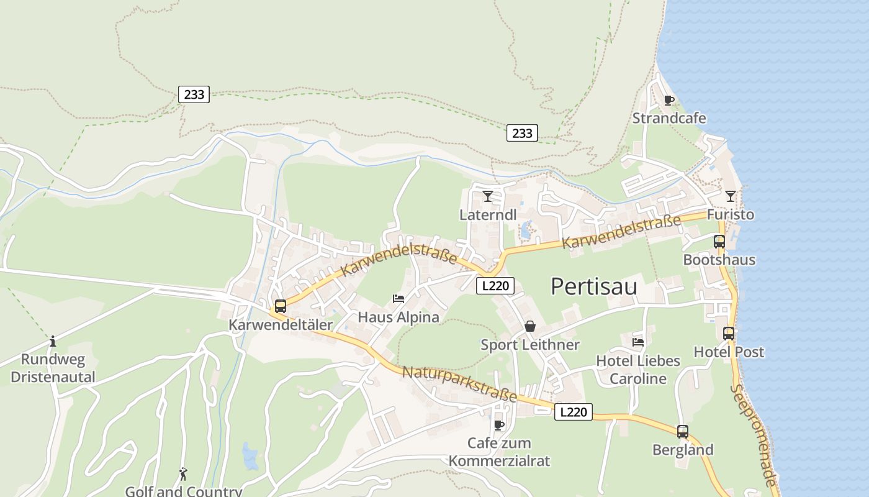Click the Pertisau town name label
[x=594, y=286]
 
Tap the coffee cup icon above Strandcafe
[x=669, y=100]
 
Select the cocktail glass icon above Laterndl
[x=488, y=196]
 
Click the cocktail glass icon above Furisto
[x=730, y=196]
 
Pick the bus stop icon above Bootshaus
[x=719, y=242]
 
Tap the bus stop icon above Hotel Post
[x=728, y=334]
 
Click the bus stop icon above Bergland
[x=682, y=431]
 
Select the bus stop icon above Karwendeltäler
[x=281, y=306]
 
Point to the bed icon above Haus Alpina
[x=398, y=299]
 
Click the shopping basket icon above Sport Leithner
[x=529, y=326]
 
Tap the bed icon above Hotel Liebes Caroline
[x=637, y=342]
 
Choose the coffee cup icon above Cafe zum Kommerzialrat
[x=498, y=425]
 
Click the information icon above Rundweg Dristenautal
[x=53, y=341]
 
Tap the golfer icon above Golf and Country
[x=183, y=475]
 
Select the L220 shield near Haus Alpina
[x=495, y=286]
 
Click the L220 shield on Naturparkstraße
[x=573, y=412]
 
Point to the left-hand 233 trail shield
[x=194, y=94]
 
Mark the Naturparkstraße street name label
[x=459, y=383]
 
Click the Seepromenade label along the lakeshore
[x=754, y=435]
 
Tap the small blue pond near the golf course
[x=250, y=457]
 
